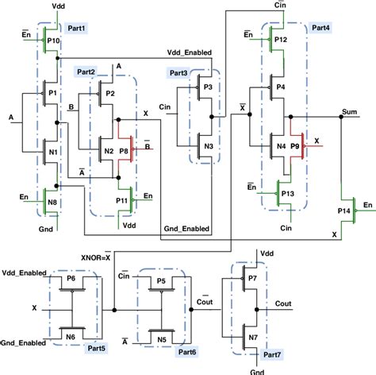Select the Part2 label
86,72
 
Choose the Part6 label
189,350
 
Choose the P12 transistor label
280,39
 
